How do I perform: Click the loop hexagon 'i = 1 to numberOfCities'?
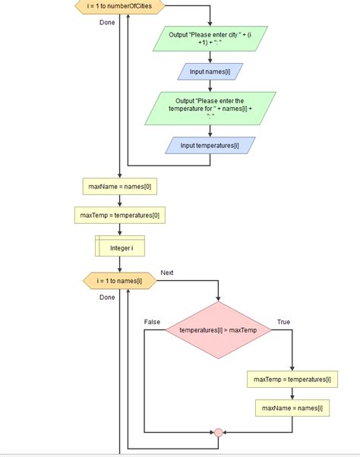[x=119, y=6]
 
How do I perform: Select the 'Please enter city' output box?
[x=210, y=39]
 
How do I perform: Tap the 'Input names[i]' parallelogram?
[x=210, y=71]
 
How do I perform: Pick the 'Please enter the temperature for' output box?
[x=210, y=109]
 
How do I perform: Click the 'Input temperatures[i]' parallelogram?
[x=210, y=146]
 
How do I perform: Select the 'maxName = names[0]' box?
[x=120, y=187]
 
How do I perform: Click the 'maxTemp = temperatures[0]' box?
[x=120, y=216]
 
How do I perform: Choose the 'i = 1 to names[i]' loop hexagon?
[x=120, y=281]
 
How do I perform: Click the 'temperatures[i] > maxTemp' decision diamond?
[x=218, y=330]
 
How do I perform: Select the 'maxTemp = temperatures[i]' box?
[x=292, y=380]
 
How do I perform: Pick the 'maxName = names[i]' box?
[x=292, y=408]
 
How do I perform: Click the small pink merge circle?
[x=218, y=433]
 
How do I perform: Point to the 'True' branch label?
[x=283, y=322]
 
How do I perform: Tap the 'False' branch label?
[x=152, y=322]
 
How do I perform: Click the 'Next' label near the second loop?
[x=167, y=273]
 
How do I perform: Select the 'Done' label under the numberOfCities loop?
[x=107, y=23]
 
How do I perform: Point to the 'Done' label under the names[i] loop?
[x=107, y=298]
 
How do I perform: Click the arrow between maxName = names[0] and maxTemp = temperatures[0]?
[x=120, y=201]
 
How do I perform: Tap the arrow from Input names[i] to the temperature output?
[x=210, y=86]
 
